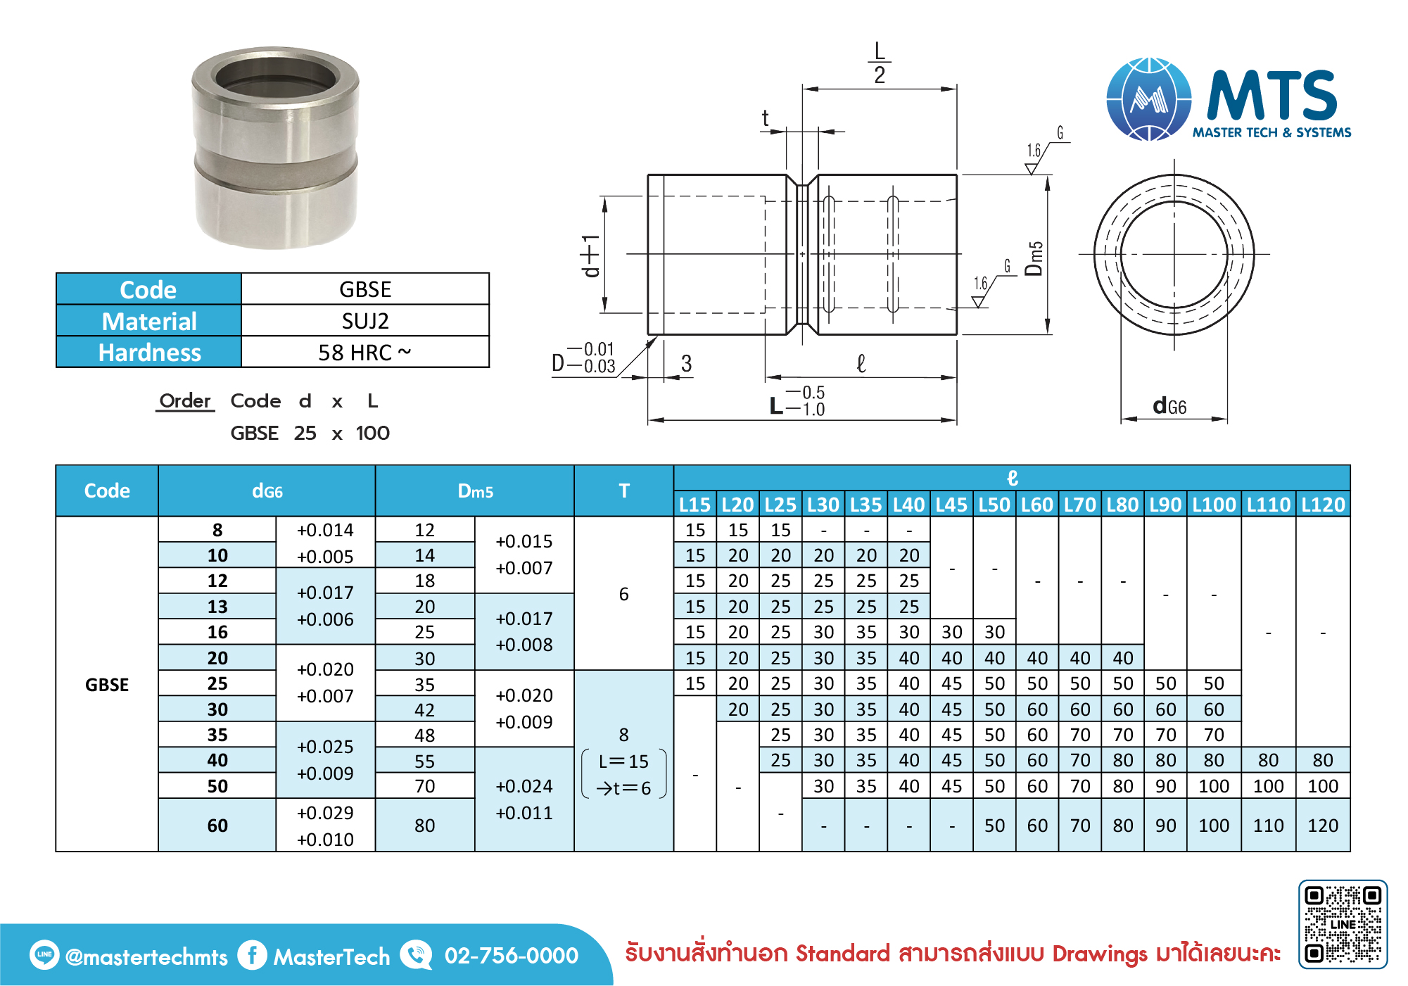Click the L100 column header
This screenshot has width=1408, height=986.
tap(1214, 505)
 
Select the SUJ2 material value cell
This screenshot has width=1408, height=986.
tap(365, 321)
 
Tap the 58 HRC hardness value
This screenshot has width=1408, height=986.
tap(364, 352)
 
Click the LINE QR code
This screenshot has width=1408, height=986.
tap(1343, 924)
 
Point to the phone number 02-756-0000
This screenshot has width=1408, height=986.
tap(512, 956)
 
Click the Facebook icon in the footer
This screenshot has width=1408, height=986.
tap(252, 955)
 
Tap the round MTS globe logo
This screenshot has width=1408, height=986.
tap(1149, 99)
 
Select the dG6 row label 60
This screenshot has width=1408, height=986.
tap(217, 826)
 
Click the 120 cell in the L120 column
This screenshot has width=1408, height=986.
tap(1323, 826)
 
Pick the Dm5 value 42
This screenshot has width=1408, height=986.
tap(424, 709)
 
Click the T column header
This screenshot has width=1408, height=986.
tap(624, 491)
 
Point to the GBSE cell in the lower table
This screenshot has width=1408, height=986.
tap(107, 685)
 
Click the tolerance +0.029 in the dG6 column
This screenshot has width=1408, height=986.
tap(325, 813)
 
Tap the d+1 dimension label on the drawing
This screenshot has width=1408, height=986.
tap(590, 255)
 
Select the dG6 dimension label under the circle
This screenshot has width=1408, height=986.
tap(1169, 406)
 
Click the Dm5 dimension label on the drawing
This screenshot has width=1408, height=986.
tap(1034, 258)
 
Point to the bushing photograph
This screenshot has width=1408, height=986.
tap(275, 148)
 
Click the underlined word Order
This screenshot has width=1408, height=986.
tap(185, 400)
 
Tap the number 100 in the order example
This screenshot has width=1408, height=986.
tap(373, 433)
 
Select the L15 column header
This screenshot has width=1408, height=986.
tap(695, 505)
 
